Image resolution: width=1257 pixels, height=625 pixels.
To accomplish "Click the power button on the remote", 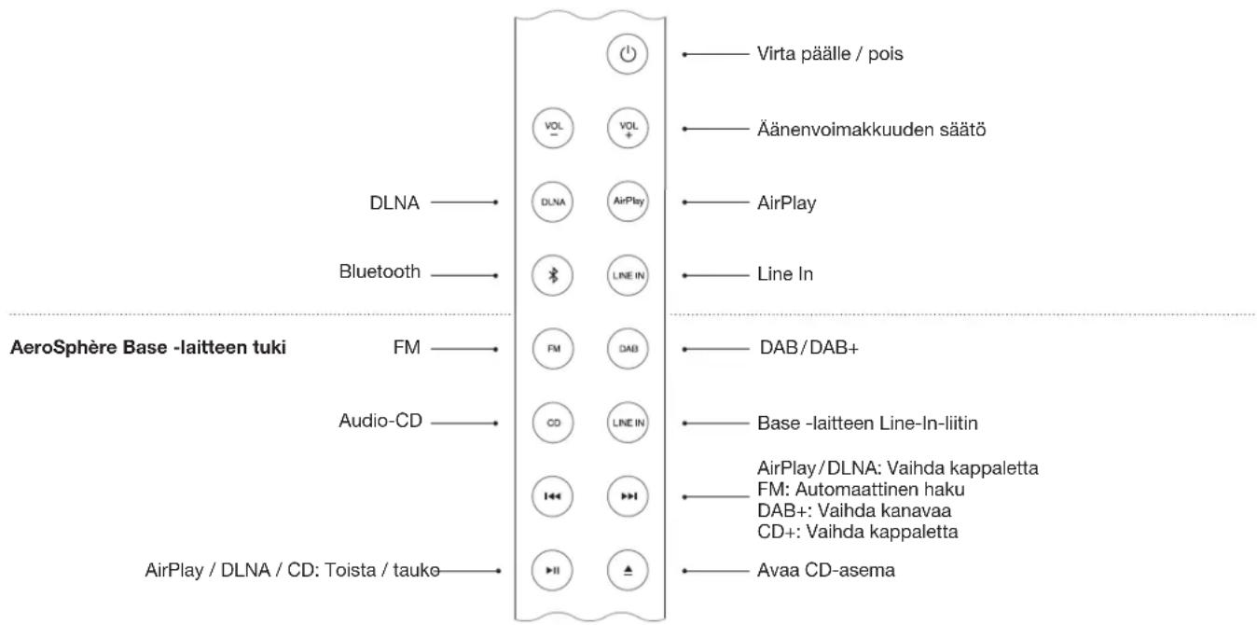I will point(628,54).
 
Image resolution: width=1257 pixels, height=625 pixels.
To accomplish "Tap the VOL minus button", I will point(553,128).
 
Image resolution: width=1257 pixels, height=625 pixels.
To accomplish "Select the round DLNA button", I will point(553,201).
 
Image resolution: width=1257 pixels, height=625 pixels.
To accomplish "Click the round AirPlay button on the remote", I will point(628,201).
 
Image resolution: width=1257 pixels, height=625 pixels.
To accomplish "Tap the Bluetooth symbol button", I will point(553,274).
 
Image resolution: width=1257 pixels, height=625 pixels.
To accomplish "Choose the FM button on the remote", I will point(553,348).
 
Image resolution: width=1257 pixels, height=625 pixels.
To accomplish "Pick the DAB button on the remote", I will point(628,348).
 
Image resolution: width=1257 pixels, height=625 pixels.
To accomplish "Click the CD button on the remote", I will point(553,422).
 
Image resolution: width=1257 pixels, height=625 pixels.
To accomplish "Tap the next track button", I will point(628,495).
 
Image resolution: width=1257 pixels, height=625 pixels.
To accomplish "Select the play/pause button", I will point(553,569).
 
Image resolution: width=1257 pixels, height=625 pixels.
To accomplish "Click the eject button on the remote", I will point(628,569).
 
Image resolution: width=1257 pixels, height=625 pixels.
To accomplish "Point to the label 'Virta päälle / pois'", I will point(830,54).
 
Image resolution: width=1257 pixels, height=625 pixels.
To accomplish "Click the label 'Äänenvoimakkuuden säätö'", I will point(871,129).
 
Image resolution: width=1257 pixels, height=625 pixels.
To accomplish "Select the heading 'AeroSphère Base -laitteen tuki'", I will point(147,349).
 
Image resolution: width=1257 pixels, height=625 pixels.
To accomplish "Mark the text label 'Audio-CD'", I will point(380,422).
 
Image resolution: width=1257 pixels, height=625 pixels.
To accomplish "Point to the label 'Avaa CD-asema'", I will point(826,570).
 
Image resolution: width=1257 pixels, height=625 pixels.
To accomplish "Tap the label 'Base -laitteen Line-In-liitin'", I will point(867,423).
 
